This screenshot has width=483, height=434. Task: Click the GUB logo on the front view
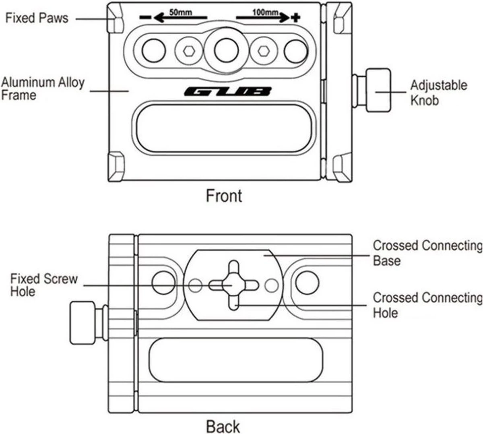click(227, 92)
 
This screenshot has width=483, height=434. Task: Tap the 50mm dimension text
click(180, 12)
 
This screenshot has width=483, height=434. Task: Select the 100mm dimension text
click(265, 12)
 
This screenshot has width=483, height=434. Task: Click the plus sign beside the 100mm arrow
click(296, 17)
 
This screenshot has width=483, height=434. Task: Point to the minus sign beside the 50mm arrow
click(145, 18)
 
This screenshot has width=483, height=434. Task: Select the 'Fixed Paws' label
click(37, 18)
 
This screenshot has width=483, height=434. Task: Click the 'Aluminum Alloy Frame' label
click(43, 89)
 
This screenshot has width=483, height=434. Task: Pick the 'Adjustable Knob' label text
click(439, 92)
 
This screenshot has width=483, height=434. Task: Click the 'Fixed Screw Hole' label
click(43, 285)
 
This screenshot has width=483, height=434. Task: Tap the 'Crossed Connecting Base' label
click(427, 252)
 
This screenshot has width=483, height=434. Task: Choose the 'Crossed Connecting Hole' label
click(427, 305)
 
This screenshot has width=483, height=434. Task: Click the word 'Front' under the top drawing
click(224, 196)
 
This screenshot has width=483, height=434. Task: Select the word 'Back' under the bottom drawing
click(223, 426)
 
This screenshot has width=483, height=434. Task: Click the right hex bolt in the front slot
click(264, 51)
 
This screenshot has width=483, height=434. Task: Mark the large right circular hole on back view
click(307, 281)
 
